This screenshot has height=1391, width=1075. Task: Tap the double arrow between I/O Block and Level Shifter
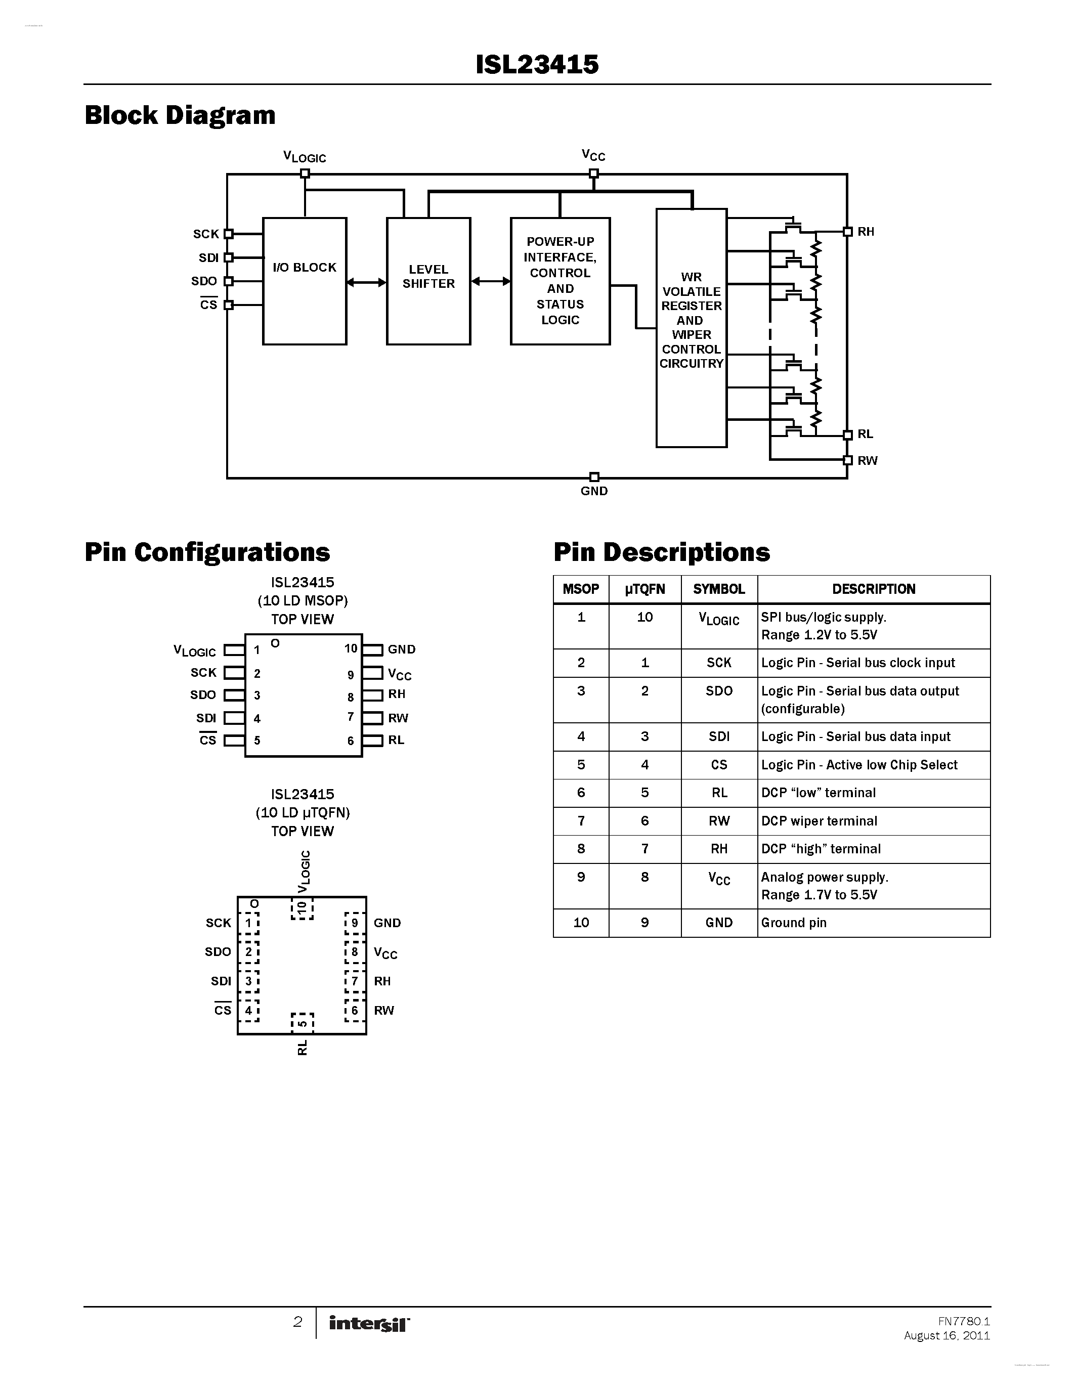(x=366, y=282)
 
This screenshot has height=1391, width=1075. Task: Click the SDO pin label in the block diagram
(x=204, y=281)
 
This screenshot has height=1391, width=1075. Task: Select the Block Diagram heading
(x=180, y=115)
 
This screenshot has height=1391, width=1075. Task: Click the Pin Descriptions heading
(x=661, y=552)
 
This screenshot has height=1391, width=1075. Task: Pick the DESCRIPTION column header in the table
(x=873, y=589)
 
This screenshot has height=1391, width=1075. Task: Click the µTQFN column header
(x=644, y=589)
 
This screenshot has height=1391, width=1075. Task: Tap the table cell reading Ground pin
(x=794, y=923)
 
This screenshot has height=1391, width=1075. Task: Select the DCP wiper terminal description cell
(x=819, y=821)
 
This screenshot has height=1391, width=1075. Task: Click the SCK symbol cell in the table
(x=718, y=663)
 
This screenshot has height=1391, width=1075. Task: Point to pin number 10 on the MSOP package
(x=351, y=648)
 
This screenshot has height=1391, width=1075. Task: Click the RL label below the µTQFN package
(x=303, y=1048)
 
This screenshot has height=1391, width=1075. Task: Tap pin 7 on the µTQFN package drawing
(x=355, y=981)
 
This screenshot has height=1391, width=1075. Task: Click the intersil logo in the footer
(x=369, y=1324)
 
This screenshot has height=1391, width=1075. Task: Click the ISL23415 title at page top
(x=537, y=64)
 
